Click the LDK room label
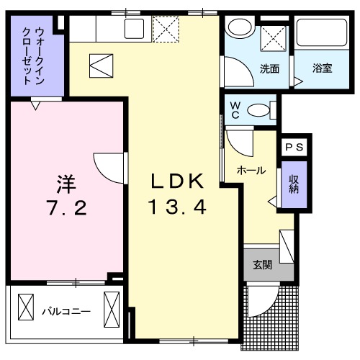(178, 181)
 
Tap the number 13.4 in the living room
(178, 207)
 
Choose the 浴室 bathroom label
(322, 70)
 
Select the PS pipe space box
(294, 147)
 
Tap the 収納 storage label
(294, 185)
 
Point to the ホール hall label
(251, 171)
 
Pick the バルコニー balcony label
(65, 312)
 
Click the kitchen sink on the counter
(135, 29)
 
